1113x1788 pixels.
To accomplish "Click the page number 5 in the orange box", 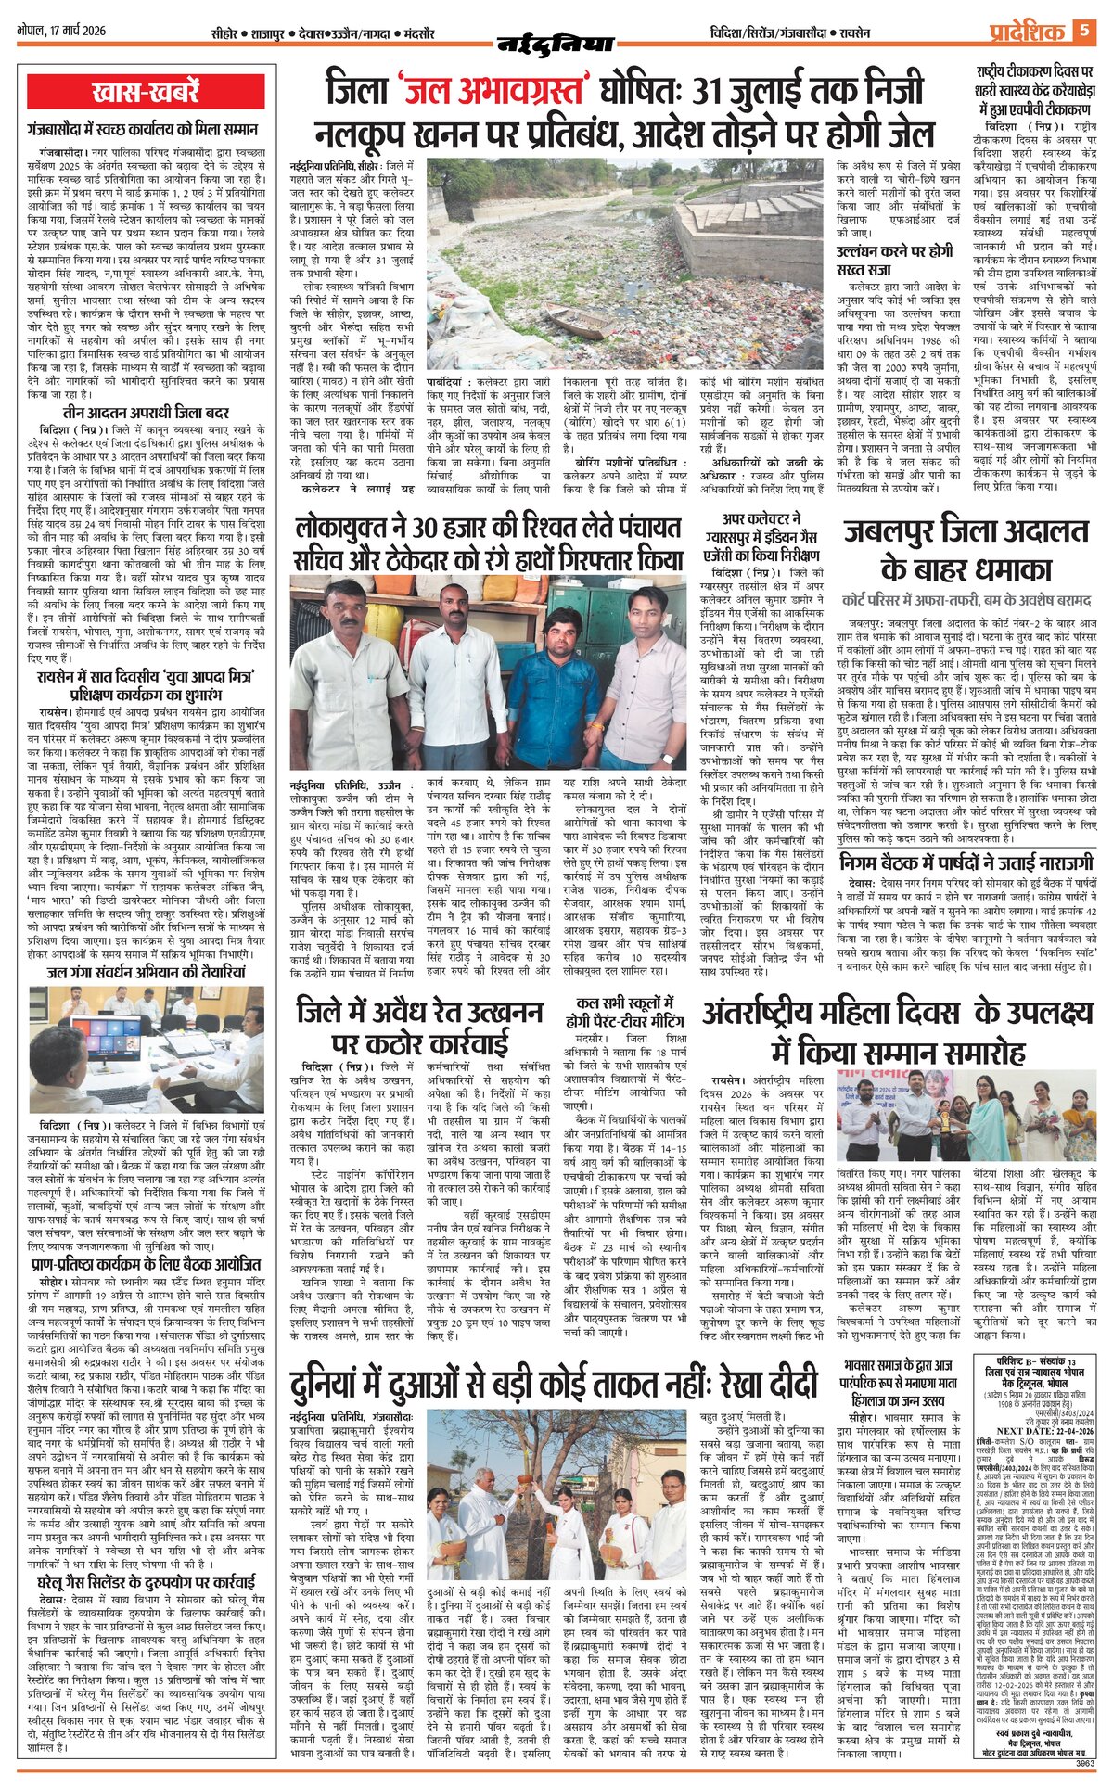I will tap(1082, 32).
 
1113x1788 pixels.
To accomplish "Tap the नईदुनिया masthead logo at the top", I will tap(556, 41).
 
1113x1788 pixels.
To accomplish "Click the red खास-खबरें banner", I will tap(147, 93).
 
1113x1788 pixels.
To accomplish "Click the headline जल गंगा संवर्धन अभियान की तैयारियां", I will tap(147, 973).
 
